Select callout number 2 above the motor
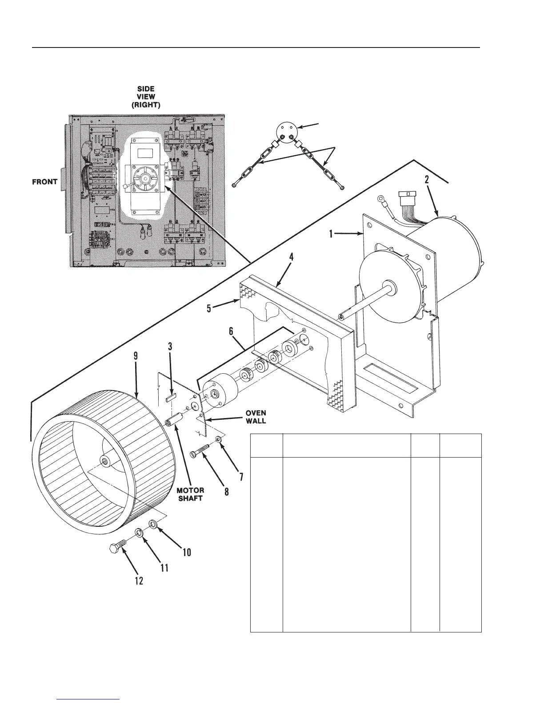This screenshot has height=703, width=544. [x=427, y=180]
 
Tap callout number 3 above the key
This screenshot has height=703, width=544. [x=170, y=347]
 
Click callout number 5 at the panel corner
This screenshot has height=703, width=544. [x=209, y=308]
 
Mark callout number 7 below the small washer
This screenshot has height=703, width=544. [x=241, y=477]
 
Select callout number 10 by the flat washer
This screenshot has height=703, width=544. [x=186, y=552]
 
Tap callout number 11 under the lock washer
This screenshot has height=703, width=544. [x=164, y=568]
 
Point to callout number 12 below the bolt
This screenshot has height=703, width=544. [x=139, y=581]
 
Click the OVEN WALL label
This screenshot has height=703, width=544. [x=256, y=417]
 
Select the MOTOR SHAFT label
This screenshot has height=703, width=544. [x=191, y=494]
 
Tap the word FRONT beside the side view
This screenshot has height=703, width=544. [x=44, y=182]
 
